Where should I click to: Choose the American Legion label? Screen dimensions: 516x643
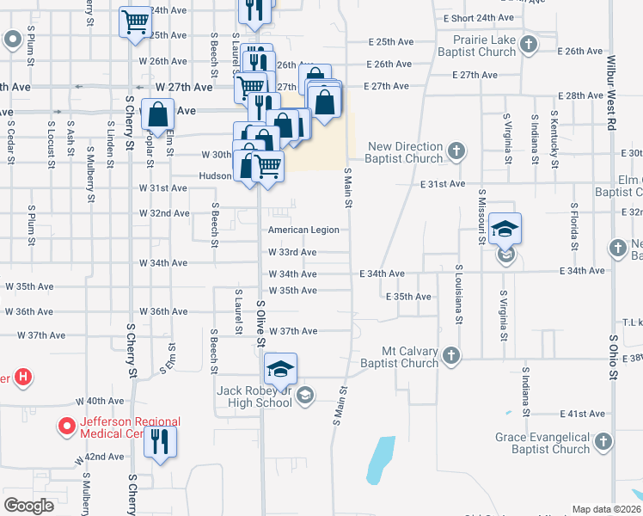(303, 230)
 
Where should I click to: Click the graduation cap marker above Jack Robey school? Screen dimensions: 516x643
(280, 369)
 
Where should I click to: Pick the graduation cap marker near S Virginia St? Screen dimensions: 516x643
(505, 229)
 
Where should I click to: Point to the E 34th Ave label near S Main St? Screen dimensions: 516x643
(382, 273)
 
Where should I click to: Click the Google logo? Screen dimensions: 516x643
(28, 505)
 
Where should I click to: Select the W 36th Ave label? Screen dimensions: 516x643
(157, 311)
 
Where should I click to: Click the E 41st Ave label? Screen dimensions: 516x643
(579, 414)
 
